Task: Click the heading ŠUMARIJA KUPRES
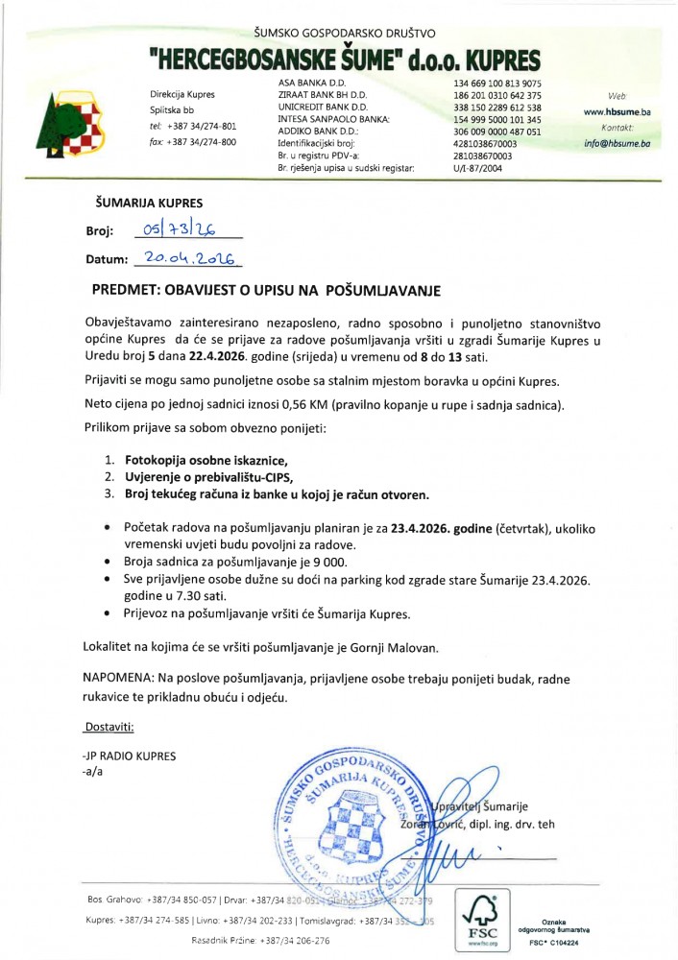pyautogui.click(x=149, y=204)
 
